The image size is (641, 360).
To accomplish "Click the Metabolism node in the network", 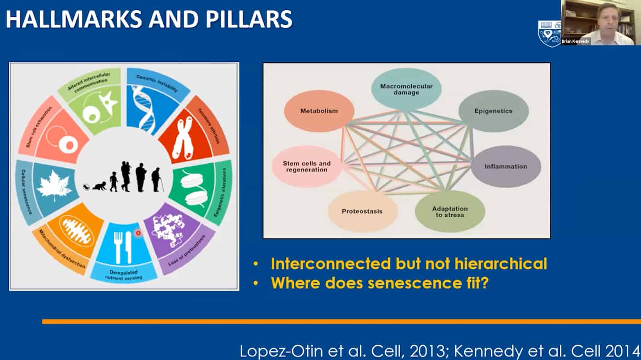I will (319, 111).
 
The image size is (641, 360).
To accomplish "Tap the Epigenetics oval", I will (493, 111).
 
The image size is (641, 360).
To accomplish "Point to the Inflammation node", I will (506, 166).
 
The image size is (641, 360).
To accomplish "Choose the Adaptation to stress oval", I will (450, 211).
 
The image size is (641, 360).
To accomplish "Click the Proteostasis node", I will (362, 211).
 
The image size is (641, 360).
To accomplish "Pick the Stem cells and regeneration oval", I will (307, 166).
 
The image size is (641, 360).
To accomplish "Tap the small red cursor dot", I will (138, 233).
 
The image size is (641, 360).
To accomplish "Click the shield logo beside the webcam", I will (549, 34).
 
